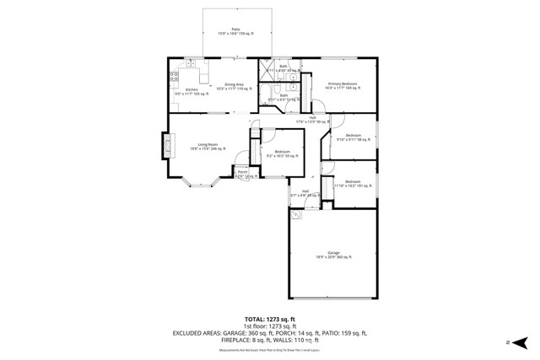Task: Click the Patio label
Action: pos(235,30)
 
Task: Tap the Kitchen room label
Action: pos(192,91)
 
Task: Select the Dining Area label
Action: pos(229,86)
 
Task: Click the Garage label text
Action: pos(333,255)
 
